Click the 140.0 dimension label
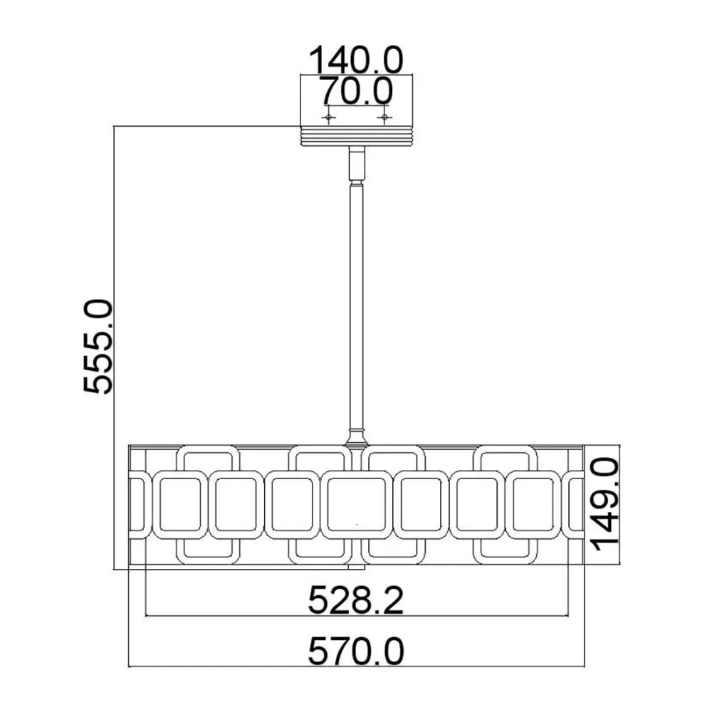356,60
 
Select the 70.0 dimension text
355,91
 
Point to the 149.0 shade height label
605,504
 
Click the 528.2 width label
355,600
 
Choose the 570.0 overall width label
355,651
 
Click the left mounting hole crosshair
328,117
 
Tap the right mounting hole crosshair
384,117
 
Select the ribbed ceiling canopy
357,135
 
